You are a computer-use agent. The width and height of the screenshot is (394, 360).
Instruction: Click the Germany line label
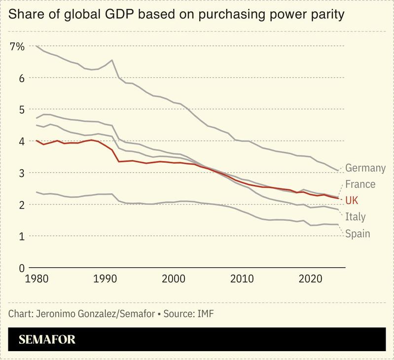pos(365,168)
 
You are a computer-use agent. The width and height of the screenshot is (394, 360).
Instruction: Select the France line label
pos(360,184)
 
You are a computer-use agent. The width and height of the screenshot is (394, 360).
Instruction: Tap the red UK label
pos(352,200)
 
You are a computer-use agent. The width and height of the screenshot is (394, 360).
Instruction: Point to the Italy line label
pos(355,216)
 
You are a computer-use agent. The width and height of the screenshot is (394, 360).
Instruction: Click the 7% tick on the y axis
pos(16,46)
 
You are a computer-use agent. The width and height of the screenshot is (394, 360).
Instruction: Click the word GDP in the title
pos(120,15)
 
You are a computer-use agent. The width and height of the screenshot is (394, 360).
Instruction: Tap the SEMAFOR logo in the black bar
pos(47,340)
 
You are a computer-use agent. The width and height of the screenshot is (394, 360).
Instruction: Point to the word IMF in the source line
pos(205,314)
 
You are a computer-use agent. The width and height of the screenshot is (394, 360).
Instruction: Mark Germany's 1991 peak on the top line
pos(112,60)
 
